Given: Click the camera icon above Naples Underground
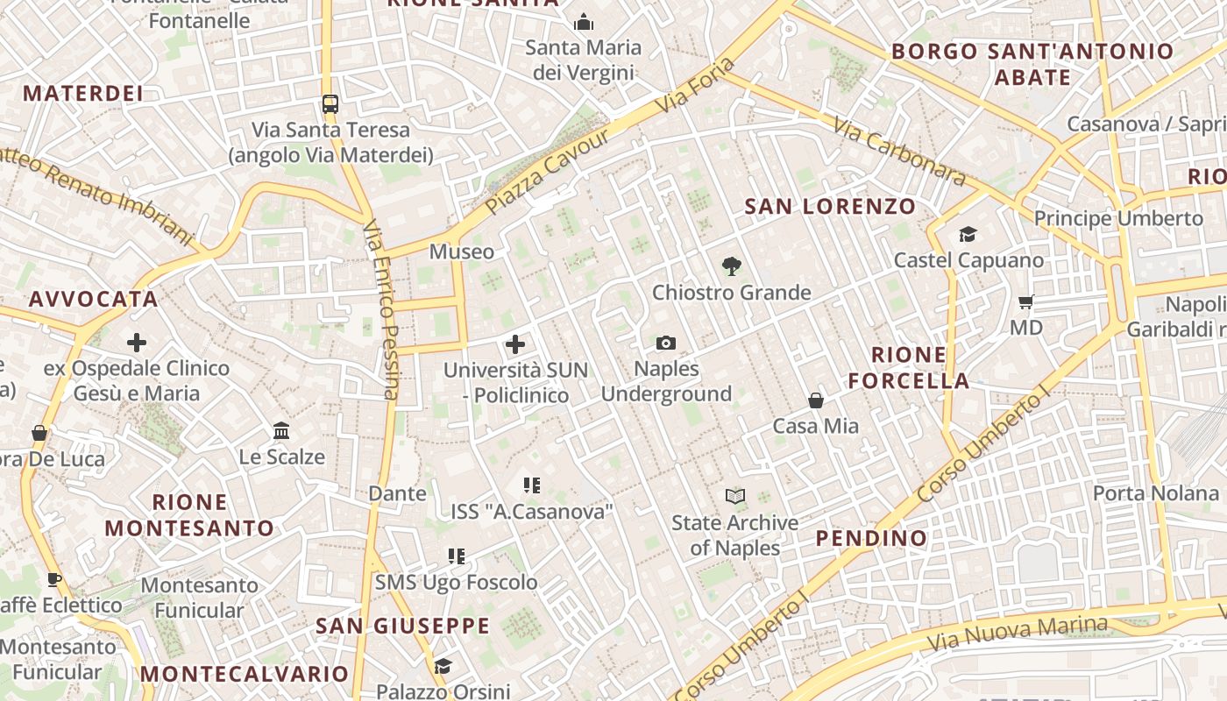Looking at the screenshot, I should click(x=666, y=343).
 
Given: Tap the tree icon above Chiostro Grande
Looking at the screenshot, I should click(x=731, y=266).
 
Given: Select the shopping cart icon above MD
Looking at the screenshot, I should click(x=1026, y=302).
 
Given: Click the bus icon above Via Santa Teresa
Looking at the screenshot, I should click(x=330, y=103).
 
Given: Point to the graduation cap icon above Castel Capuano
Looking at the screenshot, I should click(x=968, y=235).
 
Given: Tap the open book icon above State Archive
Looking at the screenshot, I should click(x=735, y=497).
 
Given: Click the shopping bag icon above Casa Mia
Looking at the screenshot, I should click(x=816, y=400).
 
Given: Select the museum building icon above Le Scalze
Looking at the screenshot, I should click(x=281, y=431).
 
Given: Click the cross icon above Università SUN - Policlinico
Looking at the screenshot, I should click(x=515, y=344).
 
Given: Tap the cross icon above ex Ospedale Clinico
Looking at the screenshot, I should click(x=137, y=342).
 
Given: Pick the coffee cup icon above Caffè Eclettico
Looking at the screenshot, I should click(x=54, y=579).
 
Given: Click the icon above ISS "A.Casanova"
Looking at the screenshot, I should click(x=531, y=485).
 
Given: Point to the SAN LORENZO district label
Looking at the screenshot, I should click(x=829, y=207).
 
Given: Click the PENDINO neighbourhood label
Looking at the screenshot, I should click(x=871, y=538).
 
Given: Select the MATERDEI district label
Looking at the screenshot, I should click(x=82, y=94).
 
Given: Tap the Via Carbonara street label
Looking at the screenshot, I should click(x=899, y=152).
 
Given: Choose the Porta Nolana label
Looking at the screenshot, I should click(x=1156, y=493).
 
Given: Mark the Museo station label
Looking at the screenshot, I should click(x=461, y=252).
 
